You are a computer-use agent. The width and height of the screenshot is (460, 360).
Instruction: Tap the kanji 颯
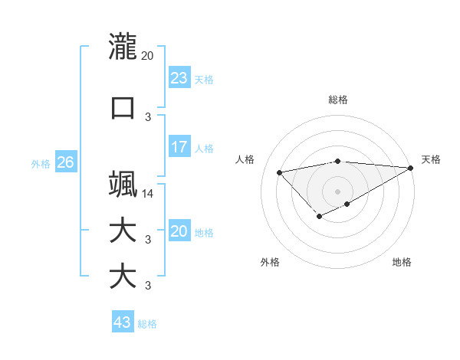tap(123, 185)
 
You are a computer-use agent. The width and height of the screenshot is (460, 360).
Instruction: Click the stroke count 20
tap(147, 55)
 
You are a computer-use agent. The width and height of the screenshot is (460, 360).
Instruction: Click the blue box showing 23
tap(179, 78)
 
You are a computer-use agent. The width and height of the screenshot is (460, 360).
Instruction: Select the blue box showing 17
tap(179, 147)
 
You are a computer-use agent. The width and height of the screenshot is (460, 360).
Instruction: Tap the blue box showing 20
tap(179, 231)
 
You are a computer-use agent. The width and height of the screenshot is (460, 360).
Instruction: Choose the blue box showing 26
tap(65, 162)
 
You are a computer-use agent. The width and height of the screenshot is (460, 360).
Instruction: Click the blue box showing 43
tap(123, 322)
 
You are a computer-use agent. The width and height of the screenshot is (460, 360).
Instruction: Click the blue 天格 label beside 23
tap(203, 80)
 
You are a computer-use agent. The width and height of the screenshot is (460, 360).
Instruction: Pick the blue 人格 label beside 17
tap(203, 149)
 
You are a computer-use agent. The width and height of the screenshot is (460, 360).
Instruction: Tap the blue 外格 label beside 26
tap(41, 164)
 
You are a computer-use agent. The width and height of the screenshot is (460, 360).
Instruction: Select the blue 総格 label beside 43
tap(147, 324)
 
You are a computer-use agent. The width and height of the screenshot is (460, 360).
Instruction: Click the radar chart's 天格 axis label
tap(431, 159)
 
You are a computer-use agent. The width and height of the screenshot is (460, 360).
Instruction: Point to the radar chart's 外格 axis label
tap(270, 263)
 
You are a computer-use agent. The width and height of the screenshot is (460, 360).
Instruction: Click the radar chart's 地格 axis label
tap(402, 263)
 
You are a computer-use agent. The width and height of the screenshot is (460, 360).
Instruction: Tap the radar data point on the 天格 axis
tap(411, 168)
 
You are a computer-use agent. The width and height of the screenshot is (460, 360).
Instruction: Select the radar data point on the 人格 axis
tap(279, 172)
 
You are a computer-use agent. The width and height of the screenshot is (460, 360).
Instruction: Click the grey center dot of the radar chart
tap(337, 191)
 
